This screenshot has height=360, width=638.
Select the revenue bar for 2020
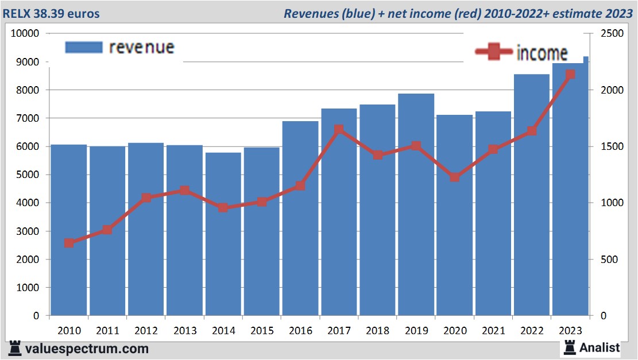pos(454,241)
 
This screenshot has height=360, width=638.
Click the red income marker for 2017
pos(339,130)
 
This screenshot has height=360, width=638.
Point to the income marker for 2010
pos(69,243)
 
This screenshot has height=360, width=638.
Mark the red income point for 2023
pos(570,75)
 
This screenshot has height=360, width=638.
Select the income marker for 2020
pos(454,177)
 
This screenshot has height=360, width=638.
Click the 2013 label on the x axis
pos(184,331)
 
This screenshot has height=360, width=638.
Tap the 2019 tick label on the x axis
pos(416,331)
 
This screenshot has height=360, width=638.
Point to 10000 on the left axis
pos(25,33)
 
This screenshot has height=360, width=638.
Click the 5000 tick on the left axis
pos(28,175)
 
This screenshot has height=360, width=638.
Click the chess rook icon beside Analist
pos(570,347)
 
